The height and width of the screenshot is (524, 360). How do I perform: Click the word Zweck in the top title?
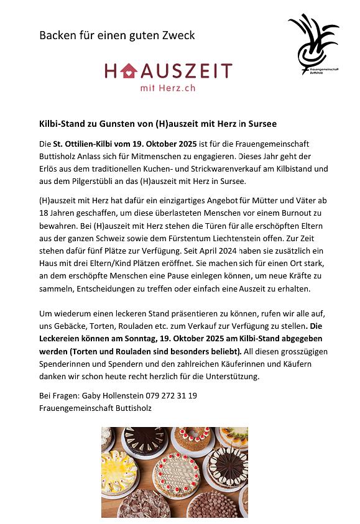pos(177,35)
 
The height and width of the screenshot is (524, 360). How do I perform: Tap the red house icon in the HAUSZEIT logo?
pos(129,71)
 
